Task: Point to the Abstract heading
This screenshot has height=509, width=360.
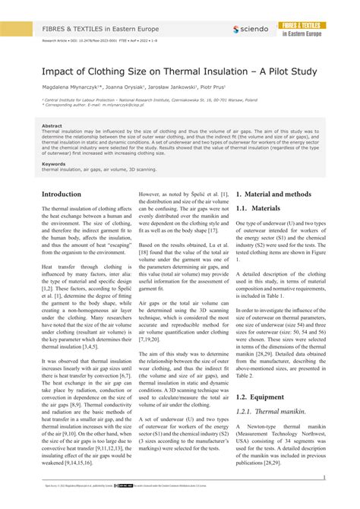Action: click(52, 125)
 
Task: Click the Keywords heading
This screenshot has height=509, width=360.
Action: click(54, 163)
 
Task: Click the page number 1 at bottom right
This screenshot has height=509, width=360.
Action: click(324, 478)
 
